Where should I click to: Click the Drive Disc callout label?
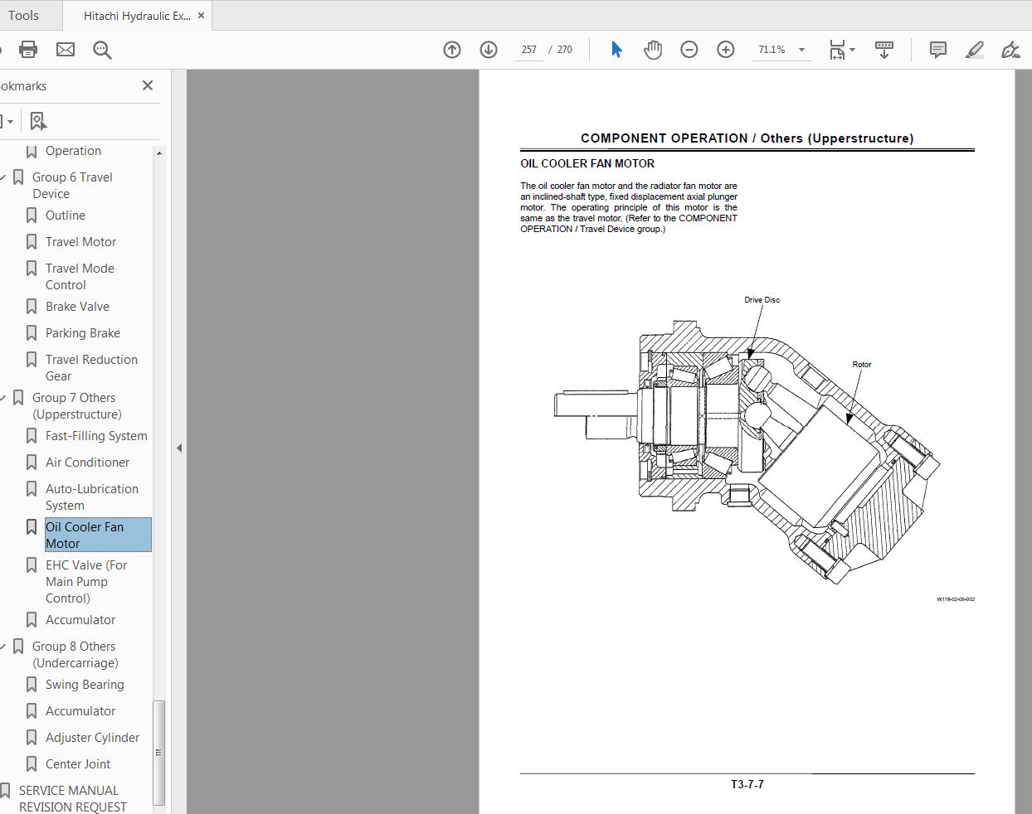click(762, 300)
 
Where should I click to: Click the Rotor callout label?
click(861, 365)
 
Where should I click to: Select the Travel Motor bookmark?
click(80, 242)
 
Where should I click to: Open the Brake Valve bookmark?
click(77, 307)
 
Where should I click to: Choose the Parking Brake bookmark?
click(82, 333)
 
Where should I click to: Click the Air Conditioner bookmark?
click(87, 463)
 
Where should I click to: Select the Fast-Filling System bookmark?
click(96, 436)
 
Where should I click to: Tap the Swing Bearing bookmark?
click(85, 685)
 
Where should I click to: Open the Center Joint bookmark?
click(78, 764)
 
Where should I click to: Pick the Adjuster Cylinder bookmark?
click(92, 738)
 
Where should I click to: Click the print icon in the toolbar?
click(28, 50)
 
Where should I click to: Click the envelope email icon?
click(66, 50)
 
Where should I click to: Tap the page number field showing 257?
click(528, 50)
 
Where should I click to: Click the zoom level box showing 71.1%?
click(772, 50)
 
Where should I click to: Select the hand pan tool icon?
click(653, 50)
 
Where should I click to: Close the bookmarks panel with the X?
click(148, 85)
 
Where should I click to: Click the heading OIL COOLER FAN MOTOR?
click(587, 164)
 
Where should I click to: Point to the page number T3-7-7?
click(747, 784)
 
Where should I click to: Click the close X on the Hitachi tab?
click(201, 16)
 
